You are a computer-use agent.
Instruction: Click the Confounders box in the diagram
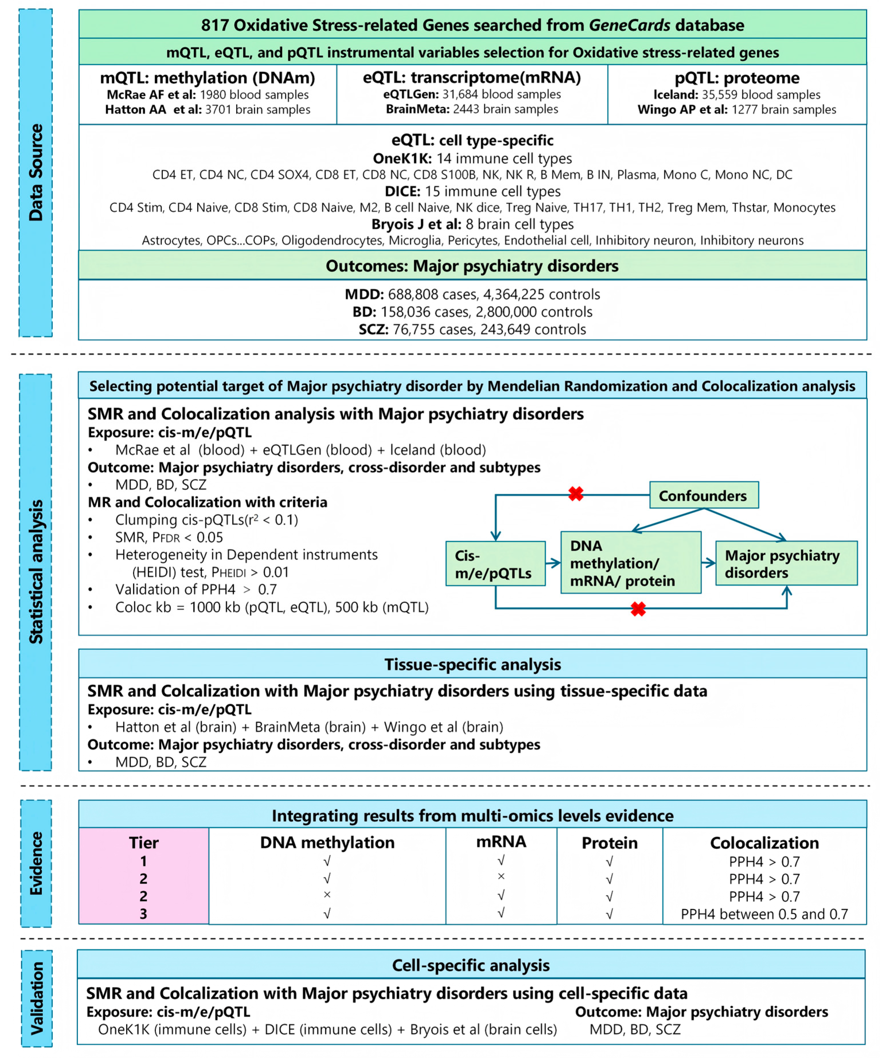[x=703, y=496]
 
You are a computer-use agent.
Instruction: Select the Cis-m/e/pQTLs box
[x=495, y=564]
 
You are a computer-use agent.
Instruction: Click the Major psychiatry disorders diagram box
[x=786, y=564]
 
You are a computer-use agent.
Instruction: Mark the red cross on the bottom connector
[x=638, y=609]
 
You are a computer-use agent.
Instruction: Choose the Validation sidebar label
[x=36, y=998]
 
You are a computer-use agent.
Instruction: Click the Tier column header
[x=144, y=843]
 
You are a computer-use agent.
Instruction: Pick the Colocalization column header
[x=764, y=843]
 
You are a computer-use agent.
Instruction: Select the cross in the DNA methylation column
[x=327, y=895]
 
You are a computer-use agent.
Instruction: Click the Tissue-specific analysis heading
[x=472, y=664]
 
